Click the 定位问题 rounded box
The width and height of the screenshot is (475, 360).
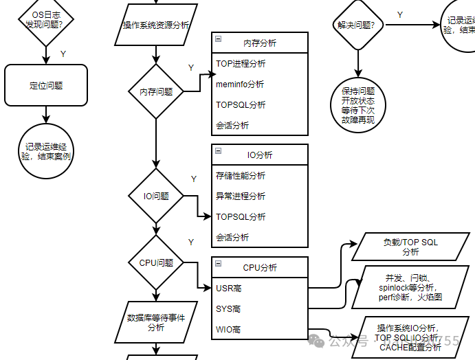pyautogui.click(x=46, y=86)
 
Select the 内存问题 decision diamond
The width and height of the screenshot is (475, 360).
pyautogui.click(x=157, y=91)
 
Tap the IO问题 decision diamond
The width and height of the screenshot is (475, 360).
pyautogui.click(x=157, y=196)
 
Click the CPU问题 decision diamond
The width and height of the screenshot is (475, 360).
pyautogui.click(x=157, y=262)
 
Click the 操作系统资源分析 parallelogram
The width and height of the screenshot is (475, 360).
pyautogui.click(x=156, y=25)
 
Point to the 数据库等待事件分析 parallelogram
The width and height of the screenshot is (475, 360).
pyautogui.click(x=156, y=322)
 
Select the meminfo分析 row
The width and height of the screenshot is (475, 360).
pyautogui.click(x=240, y=85)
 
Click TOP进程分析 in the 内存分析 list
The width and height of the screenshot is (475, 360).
pyautogui.click(x=241, y=64)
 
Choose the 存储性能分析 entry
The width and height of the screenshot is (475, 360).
pyautogui.click(x=241, y=176)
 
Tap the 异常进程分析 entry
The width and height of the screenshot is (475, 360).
pyautogui.click(x=241, y=196)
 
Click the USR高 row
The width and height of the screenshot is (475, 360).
pyautogui.click(x=229, y=289)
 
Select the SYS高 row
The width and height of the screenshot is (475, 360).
pyautogui.click(x=229, y=309)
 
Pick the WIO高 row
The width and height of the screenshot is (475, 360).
pyautogui.click(x=229, y=330)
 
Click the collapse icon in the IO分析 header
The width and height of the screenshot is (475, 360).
pyautogui.click(x=218, y=150)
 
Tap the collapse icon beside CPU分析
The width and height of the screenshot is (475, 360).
pyautogui.click(x=218, y=263)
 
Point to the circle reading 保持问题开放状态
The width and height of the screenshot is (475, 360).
pyautogui.click(x=358, y=105)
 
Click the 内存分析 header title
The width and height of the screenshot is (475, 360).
pyautogui.click(x=260, y=43)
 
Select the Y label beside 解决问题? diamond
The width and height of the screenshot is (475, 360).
pyautogui.click(x=400, y=14)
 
